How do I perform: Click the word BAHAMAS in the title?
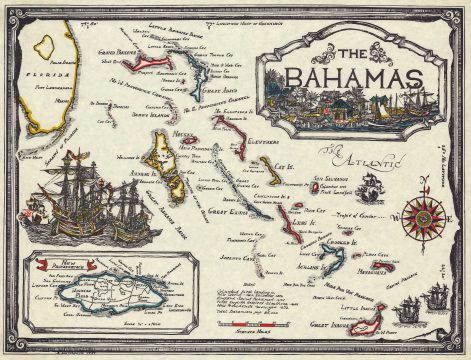pos(354,77)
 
